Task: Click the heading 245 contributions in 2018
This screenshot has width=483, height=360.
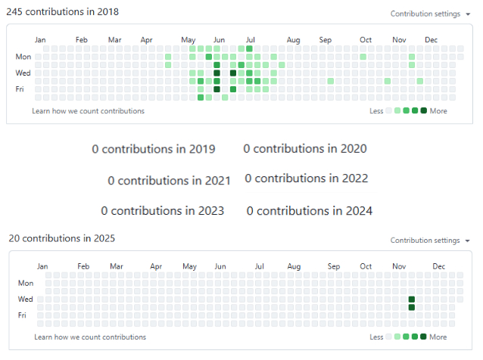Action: pyautogui.click(x=62, y=13)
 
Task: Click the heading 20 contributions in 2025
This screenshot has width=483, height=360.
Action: pyautogui.click(x=62, y=238)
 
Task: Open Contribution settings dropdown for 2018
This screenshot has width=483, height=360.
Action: pyautogui.click(x=430, y=14)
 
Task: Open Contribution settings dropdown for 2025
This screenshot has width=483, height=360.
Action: pyautogui.click(x=430, y=241)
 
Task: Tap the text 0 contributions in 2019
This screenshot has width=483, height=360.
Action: pyautogui.click(x=154, y=149)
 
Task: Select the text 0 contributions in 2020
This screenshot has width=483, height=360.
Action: pyautogui.click(x=305, y=148)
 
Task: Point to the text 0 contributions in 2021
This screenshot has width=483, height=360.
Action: pyautogui.click(x=169, y=181)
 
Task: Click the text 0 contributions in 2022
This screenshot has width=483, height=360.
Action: pyautogui.click(x=307, y=178)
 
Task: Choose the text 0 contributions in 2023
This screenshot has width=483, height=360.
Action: pyautogui.click(x=162, y=211)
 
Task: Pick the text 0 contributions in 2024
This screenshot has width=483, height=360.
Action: pyautogui.click(x=310, y=211)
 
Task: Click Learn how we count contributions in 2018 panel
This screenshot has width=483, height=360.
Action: pyautogui.click(x=88, y=111)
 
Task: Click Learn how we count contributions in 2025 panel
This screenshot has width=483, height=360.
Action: pyautogui.click(x=90, y=337)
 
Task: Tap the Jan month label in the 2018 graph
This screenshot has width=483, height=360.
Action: pyautogui.click(x=40, y=39)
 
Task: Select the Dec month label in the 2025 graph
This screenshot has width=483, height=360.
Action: pyautogui.click(x=438, y=266)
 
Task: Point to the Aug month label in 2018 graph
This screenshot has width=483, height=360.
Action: pyautogui.click(x=294, y=39)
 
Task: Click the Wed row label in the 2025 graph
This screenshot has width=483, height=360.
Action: pyautogui.click(x=25, y=299)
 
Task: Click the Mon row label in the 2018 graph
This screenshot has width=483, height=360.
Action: pyautogui.click(x=23, y=57)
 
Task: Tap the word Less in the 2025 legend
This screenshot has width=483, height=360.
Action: pyautogui.click(x=376, y=337)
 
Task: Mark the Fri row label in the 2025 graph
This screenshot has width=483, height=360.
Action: pyautogui.click(x=23, y=315)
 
